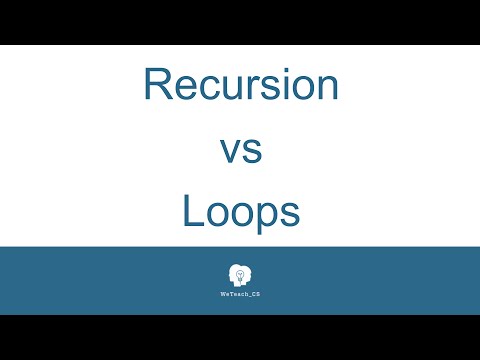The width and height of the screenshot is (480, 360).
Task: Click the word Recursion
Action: pyautogui.click(x=241, y=84)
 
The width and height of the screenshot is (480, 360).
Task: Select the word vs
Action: pyautogui.click(x=240, y=150)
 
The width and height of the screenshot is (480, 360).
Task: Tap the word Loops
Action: pyautogui.click(x=240, y=213)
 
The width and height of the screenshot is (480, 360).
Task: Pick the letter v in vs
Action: pyautogui.click(x=228, y=151)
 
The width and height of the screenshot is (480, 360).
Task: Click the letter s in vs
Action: pyautogui.click(x=252, y=151)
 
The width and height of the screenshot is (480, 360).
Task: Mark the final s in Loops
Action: pyautogui.click(x=290, y=213)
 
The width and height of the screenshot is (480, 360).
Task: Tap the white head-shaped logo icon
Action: pyautogui.click(x=240, y=275)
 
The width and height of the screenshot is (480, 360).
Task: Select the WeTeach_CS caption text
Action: pyautogui.click(x=240, y=295)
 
